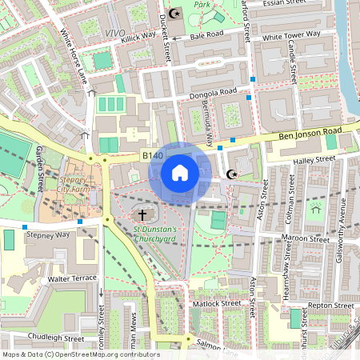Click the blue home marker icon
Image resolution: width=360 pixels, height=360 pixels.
click(x=180, y=172)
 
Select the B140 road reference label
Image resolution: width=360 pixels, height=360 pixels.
click(x=153, y=155)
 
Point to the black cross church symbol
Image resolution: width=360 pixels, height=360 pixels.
click(x=143, y=214)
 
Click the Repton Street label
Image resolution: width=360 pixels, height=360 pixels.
click(x=331, y=306)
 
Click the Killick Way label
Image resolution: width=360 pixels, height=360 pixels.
click(x=138, y=37)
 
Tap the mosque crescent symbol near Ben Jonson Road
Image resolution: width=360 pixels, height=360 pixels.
click(x=233, y=174)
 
